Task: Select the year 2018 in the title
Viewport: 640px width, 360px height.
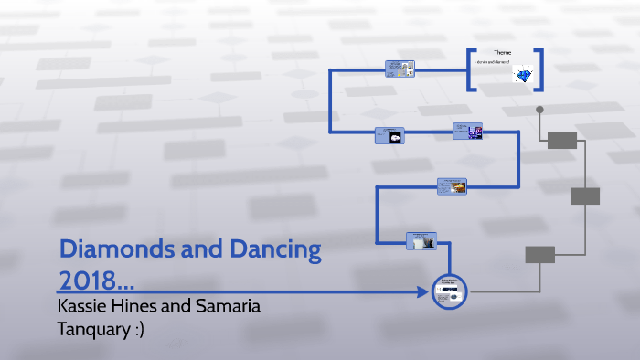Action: [90, 277]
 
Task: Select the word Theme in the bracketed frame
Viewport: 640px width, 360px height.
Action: [503, 54]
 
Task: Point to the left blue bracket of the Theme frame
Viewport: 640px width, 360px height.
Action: [469, 69]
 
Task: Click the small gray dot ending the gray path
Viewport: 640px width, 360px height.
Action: [539, 110]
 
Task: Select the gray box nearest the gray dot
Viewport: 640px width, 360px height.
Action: [562, 140]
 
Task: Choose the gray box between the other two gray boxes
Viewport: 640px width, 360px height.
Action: [584, 196]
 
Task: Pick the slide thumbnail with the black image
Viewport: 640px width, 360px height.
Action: [389, 135]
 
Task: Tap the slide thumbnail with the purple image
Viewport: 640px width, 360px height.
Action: [467, 132]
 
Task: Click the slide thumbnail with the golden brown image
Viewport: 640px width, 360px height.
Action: [453, 186]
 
